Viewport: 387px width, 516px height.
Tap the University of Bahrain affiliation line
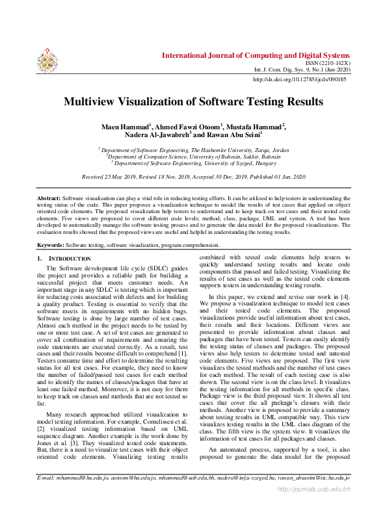194,157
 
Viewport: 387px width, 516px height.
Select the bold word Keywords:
50,246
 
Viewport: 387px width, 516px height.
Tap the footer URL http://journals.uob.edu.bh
314,506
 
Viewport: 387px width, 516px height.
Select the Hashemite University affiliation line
194,149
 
